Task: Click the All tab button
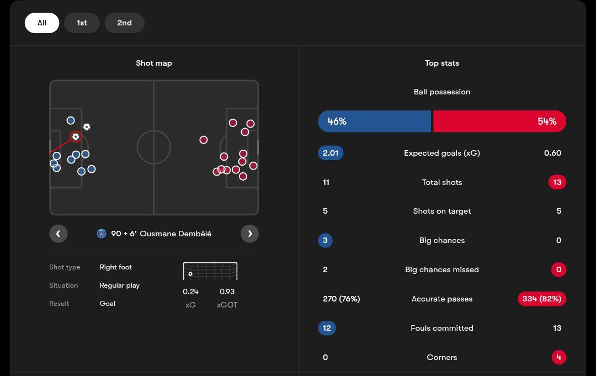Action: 42,23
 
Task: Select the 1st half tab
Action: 82,23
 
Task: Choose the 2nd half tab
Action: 124,23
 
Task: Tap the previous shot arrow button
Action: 58,234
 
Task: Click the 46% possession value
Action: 337,121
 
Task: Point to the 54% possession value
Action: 547,121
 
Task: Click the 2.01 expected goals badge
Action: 331,153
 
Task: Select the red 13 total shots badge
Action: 557,182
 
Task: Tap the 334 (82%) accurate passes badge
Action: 542,299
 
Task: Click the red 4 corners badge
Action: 558,357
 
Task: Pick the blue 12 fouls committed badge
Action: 327,328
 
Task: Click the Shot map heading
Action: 154,63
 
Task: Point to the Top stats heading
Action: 441,63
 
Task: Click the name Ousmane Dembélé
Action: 175,234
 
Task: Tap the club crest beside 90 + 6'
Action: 102,234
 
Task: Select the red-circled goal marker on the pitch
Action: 76,136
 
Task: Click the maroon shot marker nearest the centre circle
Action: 204,140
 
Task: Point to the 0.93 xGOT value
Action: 227,292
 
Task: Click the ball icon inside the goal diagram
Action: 190,274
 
